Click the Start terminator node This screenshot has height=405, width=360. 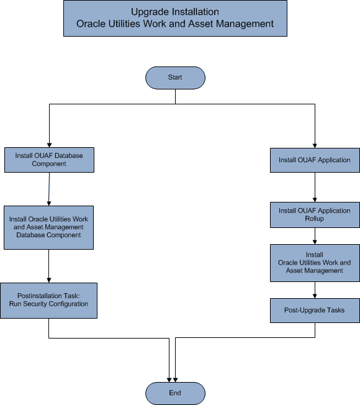(175, 77)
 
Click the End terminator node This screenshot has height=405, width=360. (175, 393)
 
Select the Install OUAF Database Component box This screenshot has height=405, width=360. (49, 160)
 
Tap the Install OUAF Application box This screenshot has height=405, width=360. (315, 160)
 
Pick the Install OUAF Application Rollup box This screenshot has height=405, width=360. (315, 214)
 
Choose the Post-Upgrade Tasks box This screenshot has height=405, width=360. (315, 310)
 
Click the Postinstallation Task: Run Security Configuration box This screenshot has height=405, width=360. (49, 299)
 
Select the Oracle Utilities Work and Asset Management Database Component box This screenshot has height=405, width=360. (49, 227)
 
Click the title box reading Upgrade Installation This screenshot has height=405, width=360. (175, 18)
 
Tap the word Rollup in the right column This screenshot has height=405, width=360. (315, 219)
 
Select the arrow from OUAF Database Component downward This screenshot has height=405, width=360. (49, 189)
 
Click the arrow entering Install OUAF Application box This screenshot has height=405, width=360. (315, 140)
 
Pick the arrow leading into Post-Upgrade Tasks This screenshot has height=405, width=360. (315, 289)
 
